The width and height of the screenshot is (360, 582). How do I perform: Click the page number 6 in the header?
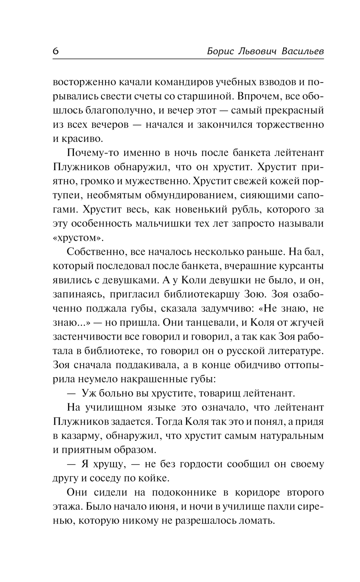click(56, 51)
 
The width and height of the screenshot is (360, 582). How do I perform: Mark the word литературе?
click(290, 350)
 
